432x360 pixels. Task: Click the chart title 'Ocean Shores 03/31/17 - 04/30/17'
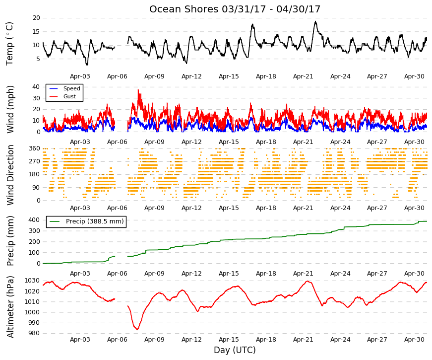click(x=235, y=9)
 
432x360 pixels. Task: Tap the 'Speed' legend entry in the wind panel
click(x=71, y=88)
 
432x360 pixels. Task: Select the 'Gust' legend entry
click(x=69, y=96)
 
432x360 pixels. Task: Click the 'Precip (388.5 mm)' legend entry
click(x=95, y=221)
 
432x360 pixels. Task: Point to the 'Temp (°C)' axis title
click(x=9, y=44)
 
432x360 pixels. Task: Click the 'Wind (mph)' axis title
click(x=10, y=110)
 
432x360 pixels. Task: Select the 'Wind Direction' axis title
click(x=10, y=175)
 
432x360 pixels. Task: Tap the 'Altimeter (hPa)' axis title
click(x=10, y=307)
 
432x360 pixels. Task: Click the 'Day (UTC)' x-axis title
click(x=235, y=350)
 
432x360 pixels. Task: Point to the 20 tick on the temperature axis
click(x=36, y=18)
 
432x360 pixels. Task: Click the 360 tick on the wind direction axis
click(x=35, y=148)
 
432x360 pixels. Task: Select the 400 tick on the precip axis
click(x=34, y=220)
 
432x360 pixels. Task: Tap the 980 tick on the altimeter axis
click(x=34, y=333)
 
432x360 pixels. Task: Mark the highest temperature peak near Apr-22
click(x=316, y=21)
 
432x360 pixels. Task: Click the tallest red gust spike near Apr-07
click(x=138, y=90)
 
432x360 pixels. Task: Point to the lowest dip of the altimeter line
click(x=137, y=329)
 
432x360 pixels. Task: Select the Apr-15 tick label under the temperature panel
click(x=229, y=76)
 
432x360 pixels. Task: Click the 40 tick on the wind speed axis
click(x=36, y=87)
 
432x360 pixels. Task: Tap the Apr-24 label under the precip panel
click(x=340, y=274)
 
